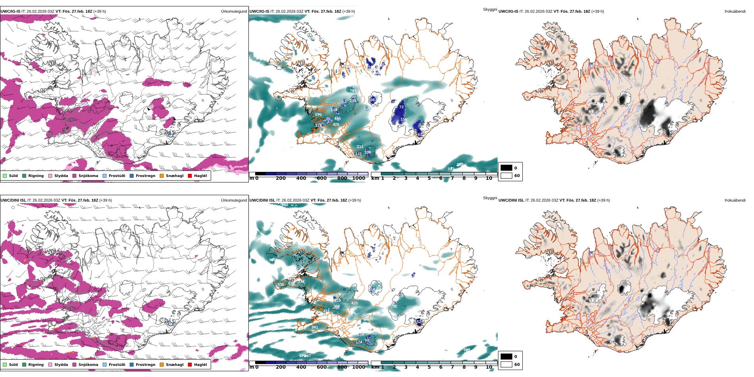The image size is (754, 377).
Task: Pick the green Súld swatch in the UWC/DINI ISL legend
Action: tap(5, 365)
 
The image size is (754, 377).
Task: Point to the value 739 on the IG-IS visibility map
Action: tap(353, 91)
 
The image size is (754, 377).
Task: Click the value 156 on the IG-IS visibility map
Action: tap(404, 119)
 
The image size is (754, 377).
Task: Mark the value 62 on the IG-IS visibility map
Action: tap(420, 135)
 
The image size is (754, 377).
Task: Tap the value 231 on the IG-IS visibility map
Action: tap(360, 147)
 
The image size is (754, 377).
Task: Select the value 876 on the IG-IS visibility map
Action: tap(318, 115)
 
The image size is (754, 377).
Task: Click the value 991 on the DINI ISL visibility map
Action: tap(315, 327)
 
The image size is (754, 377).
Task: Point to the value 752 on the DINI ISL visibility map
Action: tap(394, 306)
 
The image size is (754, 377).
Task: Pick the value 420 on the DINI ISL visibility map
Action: tap(354, 303)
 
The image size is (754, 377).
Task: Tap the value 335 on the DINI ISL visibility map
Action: tap(281, 285)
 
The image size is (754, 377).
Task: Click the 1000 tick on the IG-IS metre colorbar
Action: tap(358, 178)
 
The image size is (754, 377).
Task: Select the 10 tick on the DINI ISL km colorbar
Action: tap(489, 367)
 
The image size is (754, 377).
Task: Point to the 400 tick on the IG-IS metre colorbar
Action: tap(301, 178)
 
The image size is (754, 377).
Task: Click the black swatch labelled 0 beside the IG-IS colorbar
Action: tap(506, 168)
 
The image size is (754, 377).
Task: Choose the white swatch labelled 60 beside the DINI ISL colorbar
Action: tap(506, 364)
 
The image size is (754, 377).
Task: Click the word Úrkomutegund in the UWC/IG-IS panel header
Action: tap(234, 12)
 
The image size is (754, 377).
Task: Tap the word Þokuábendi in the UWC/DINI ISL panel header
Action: tap(735, 200)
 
